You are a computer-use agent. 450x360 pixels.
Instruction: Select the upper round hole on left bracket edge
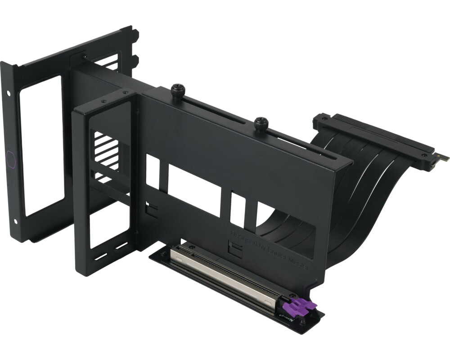(x=9, y=93)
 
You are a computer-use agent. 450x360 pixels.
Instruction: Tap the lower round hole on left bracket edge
(x=16, y=221)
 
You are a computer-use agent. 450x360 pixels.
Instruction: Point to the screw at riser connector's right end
(x=424, y=154)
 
